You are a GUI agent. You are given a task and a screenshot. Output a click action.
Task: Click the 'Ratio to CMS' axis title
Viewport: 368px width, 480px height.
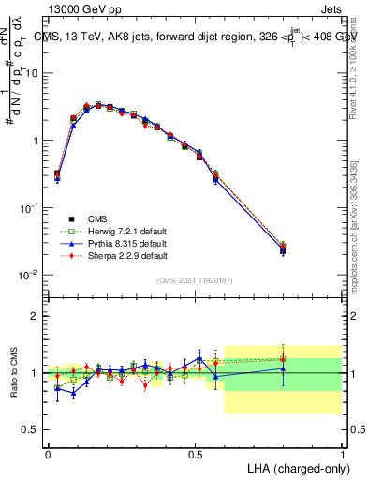tap(13, 372)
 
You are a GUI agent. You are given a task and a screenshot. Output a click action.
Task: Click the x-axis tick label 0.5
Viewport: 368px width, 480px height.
tap(195, 454)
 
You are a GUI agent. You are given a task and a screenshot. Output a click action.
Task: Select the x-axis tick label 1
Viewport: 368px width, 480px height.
tap(342, 454)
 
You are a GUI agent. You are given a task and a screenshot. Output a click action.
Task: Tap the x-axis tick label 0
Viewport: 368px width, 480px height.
tap(48, 454)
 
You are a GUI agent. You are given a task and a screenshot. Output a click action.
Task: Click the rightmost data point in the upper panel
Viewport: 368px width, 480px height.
tap(283, 249)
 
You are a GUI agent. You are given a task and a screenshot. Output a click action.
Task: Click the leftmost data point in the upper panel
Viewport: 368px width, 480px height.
tap(57, 174)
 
